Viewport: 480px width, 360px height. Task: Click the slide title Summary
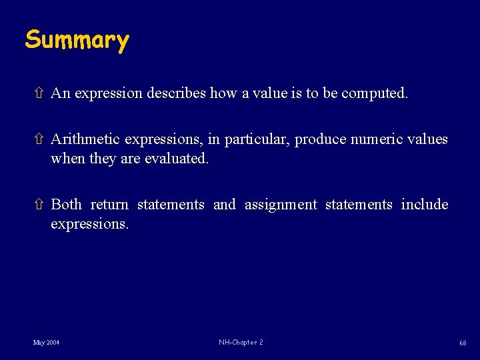tap(77, 41)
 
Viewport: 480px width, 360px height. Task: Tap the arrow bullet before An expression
tap(39, 93)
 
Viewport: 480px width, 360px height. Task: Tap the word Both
tap(66, 205)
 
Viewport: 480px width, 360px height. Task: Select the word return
tap(109, 205)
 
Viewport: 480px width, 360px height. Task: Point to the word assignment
tap(281, 205)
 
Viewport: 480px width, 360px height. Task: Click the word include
tap(425, 205)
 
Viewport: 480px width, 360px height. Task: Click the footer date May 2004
tap(47, 343)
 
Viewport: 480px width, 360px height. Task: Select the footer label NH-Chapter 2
tap(241, 343)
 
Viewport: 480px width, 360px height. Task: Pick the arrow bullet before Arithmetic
tap(39, 139)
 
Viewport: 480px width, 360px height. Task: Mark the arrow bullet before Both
tap(39, 205)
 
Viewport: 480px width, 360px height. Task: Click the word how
tap(219, 93)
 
